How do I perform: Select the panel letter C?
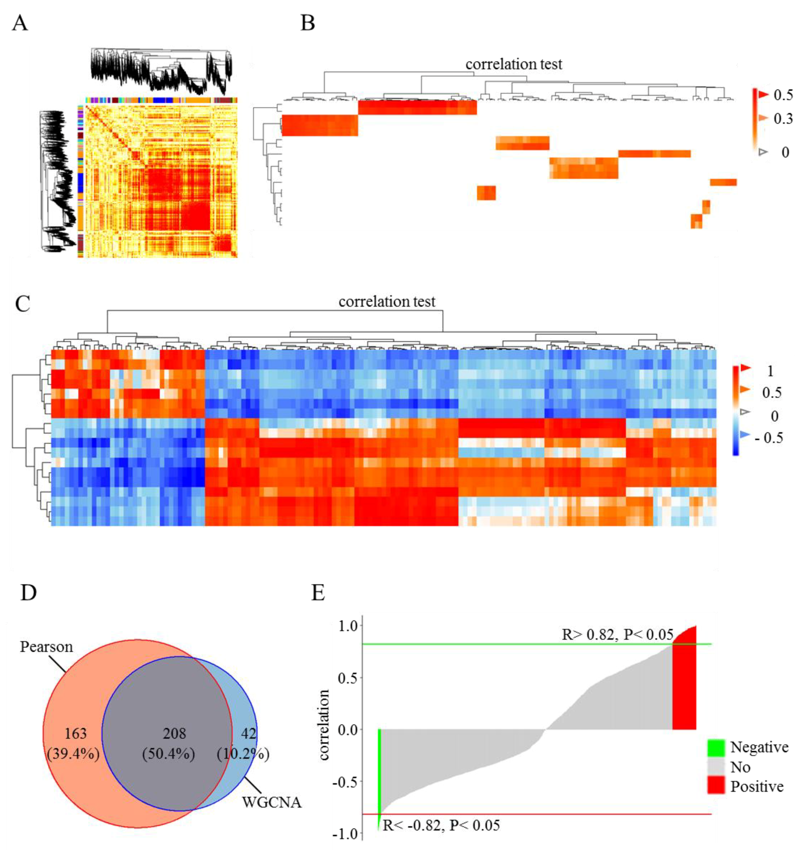22,304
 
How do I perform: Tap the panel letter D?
28,593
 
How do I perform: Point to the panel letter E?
318,593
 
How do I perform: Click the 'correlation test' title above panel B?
514,64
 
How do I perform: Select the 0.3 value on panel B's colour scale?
783,119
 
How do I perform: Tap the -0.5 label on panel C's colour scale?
769,438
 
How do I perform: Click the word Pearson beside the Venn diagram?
46,646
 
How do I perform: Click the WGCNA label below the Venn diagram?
271,802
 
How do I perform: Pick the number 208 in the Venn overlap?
174,733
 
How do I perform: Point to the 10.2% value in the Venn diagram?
243,754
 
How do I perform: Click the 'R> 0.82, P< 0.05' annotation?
617,634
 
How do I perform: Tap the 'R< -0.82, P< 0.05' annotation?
441,825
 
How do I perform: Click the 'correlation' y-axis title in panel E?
324,725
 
